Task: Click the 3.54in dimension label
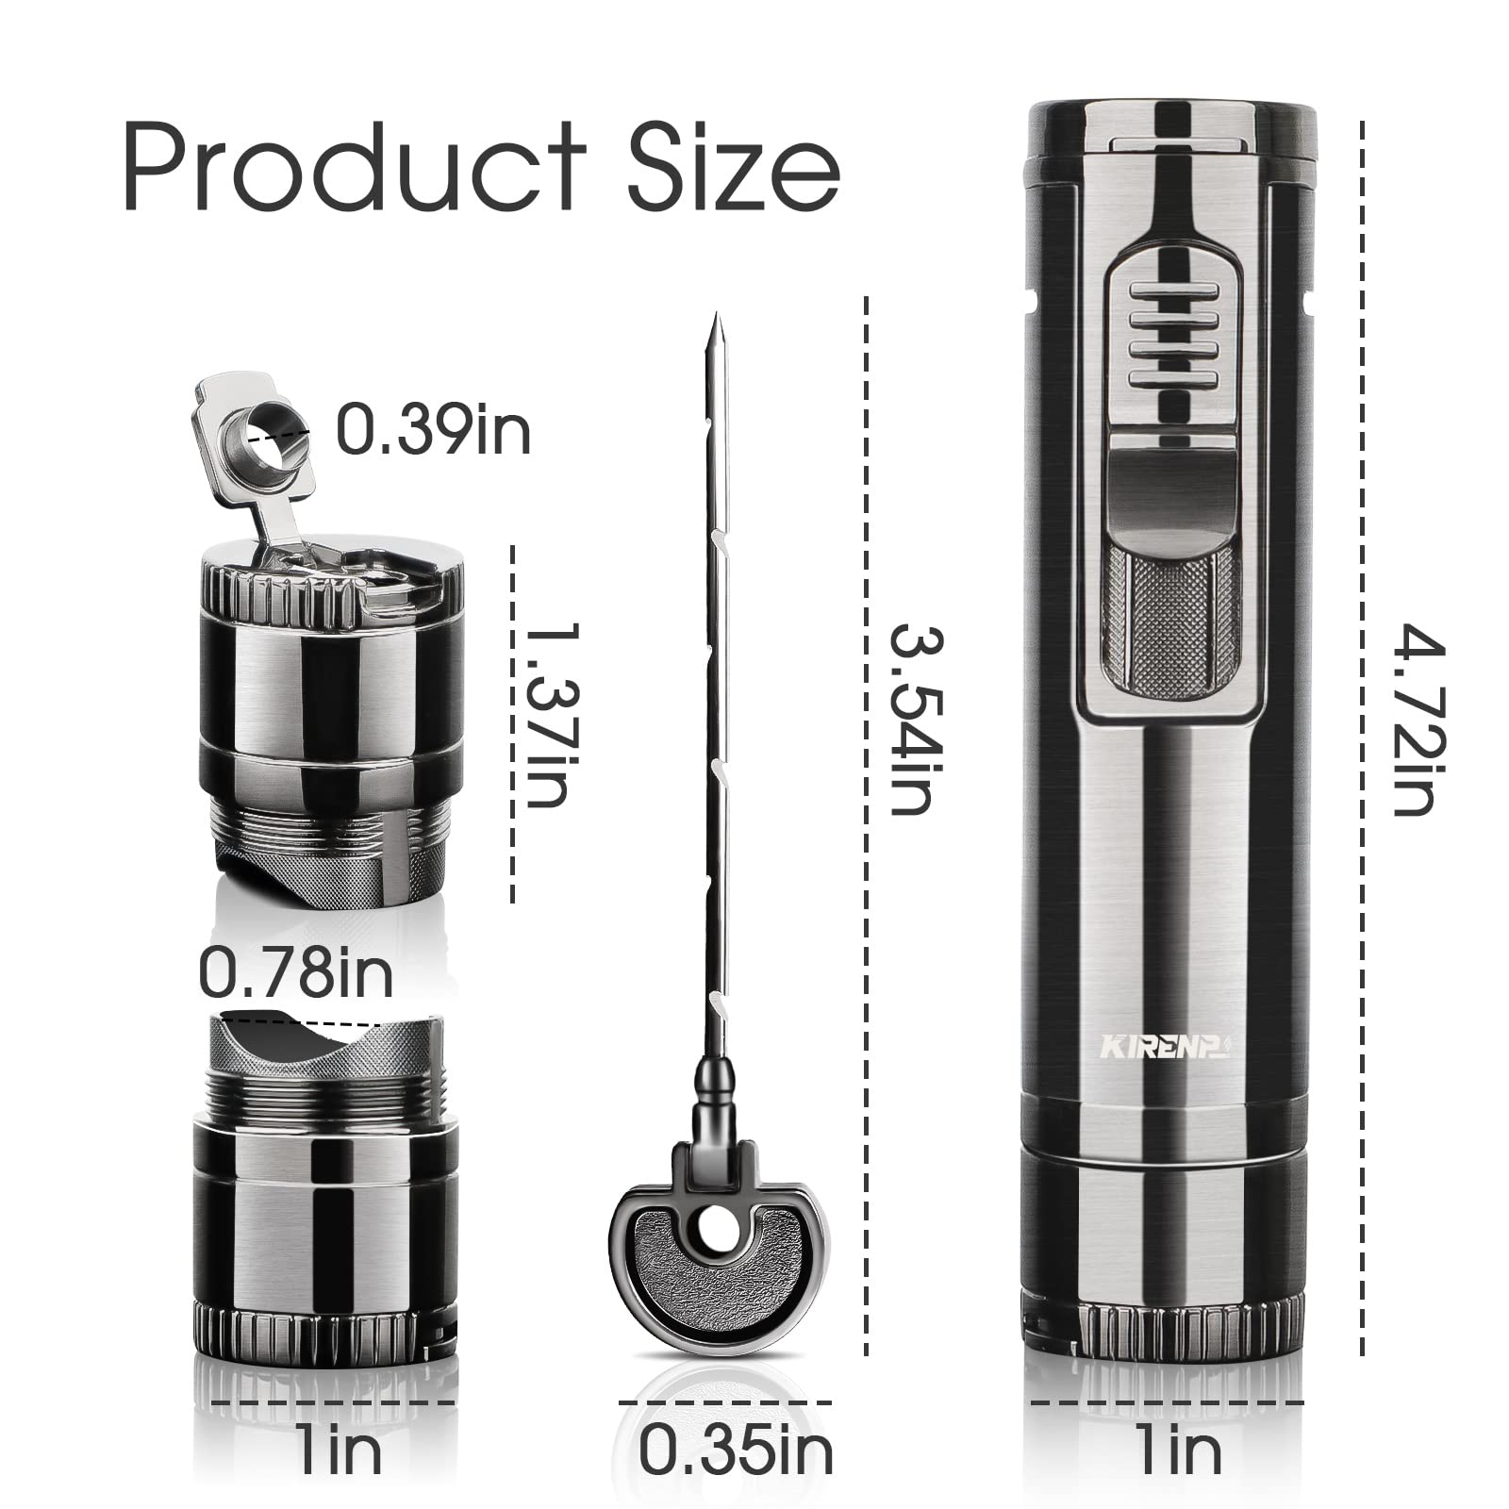coord(910,719)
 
